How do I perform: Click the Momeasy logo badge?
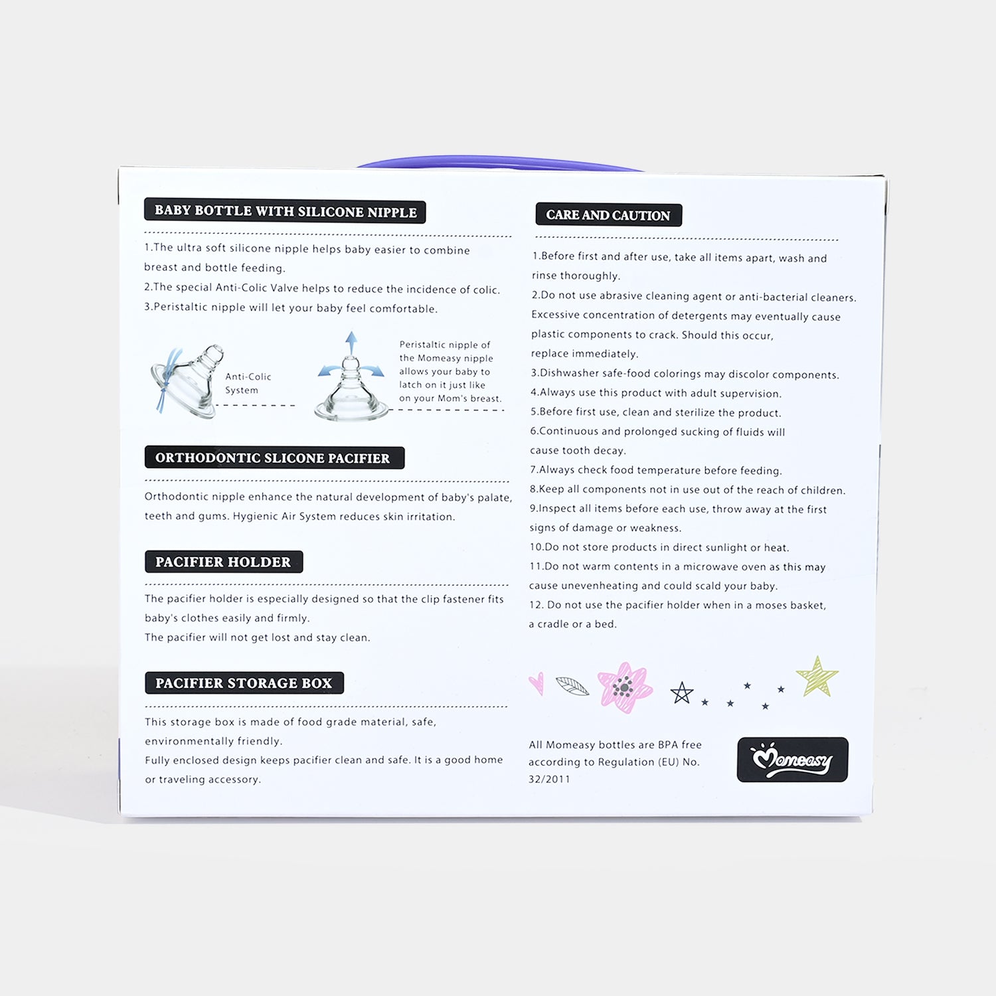pyautogui.click(x=792, y=759)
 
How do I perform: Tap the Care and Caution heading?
pyautogui.click(x=608, y=215)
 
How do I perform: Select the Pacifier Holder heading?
pyautogui.click(x=223, y=562)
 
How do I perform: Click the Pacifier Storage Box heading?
pyautogui.click(x=244, y=683)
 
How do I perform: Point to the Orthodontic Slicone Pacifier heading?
pyautogui.click(x=274, y=457)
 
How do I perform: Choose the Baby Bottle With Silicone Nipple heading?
pyautogui.click(x=285, y=211)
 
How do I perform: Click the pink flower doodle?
pyautogui.click(x=624, y=687)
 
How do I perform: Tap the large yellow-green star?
pyautogui.click(x=817, y=676)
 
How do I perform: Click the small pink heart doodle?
pyautogui.click(x=537, y=683)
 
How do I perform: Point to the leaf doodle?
pyautogui.click(x=572, y=687)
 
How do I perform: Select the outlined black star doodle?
pyautogui.click(x=681, y=693)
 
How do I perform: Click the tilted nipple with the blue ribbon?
pyautogui.click(x=187, y=381)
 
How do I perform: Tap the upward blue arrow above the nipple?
pyautogui.click(x=351, y=344)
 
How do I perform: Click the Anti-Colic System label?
pyautogui.click(x=248, y=383)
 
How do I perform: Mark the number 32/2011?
pyautogui.click(x=549, y=779)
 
